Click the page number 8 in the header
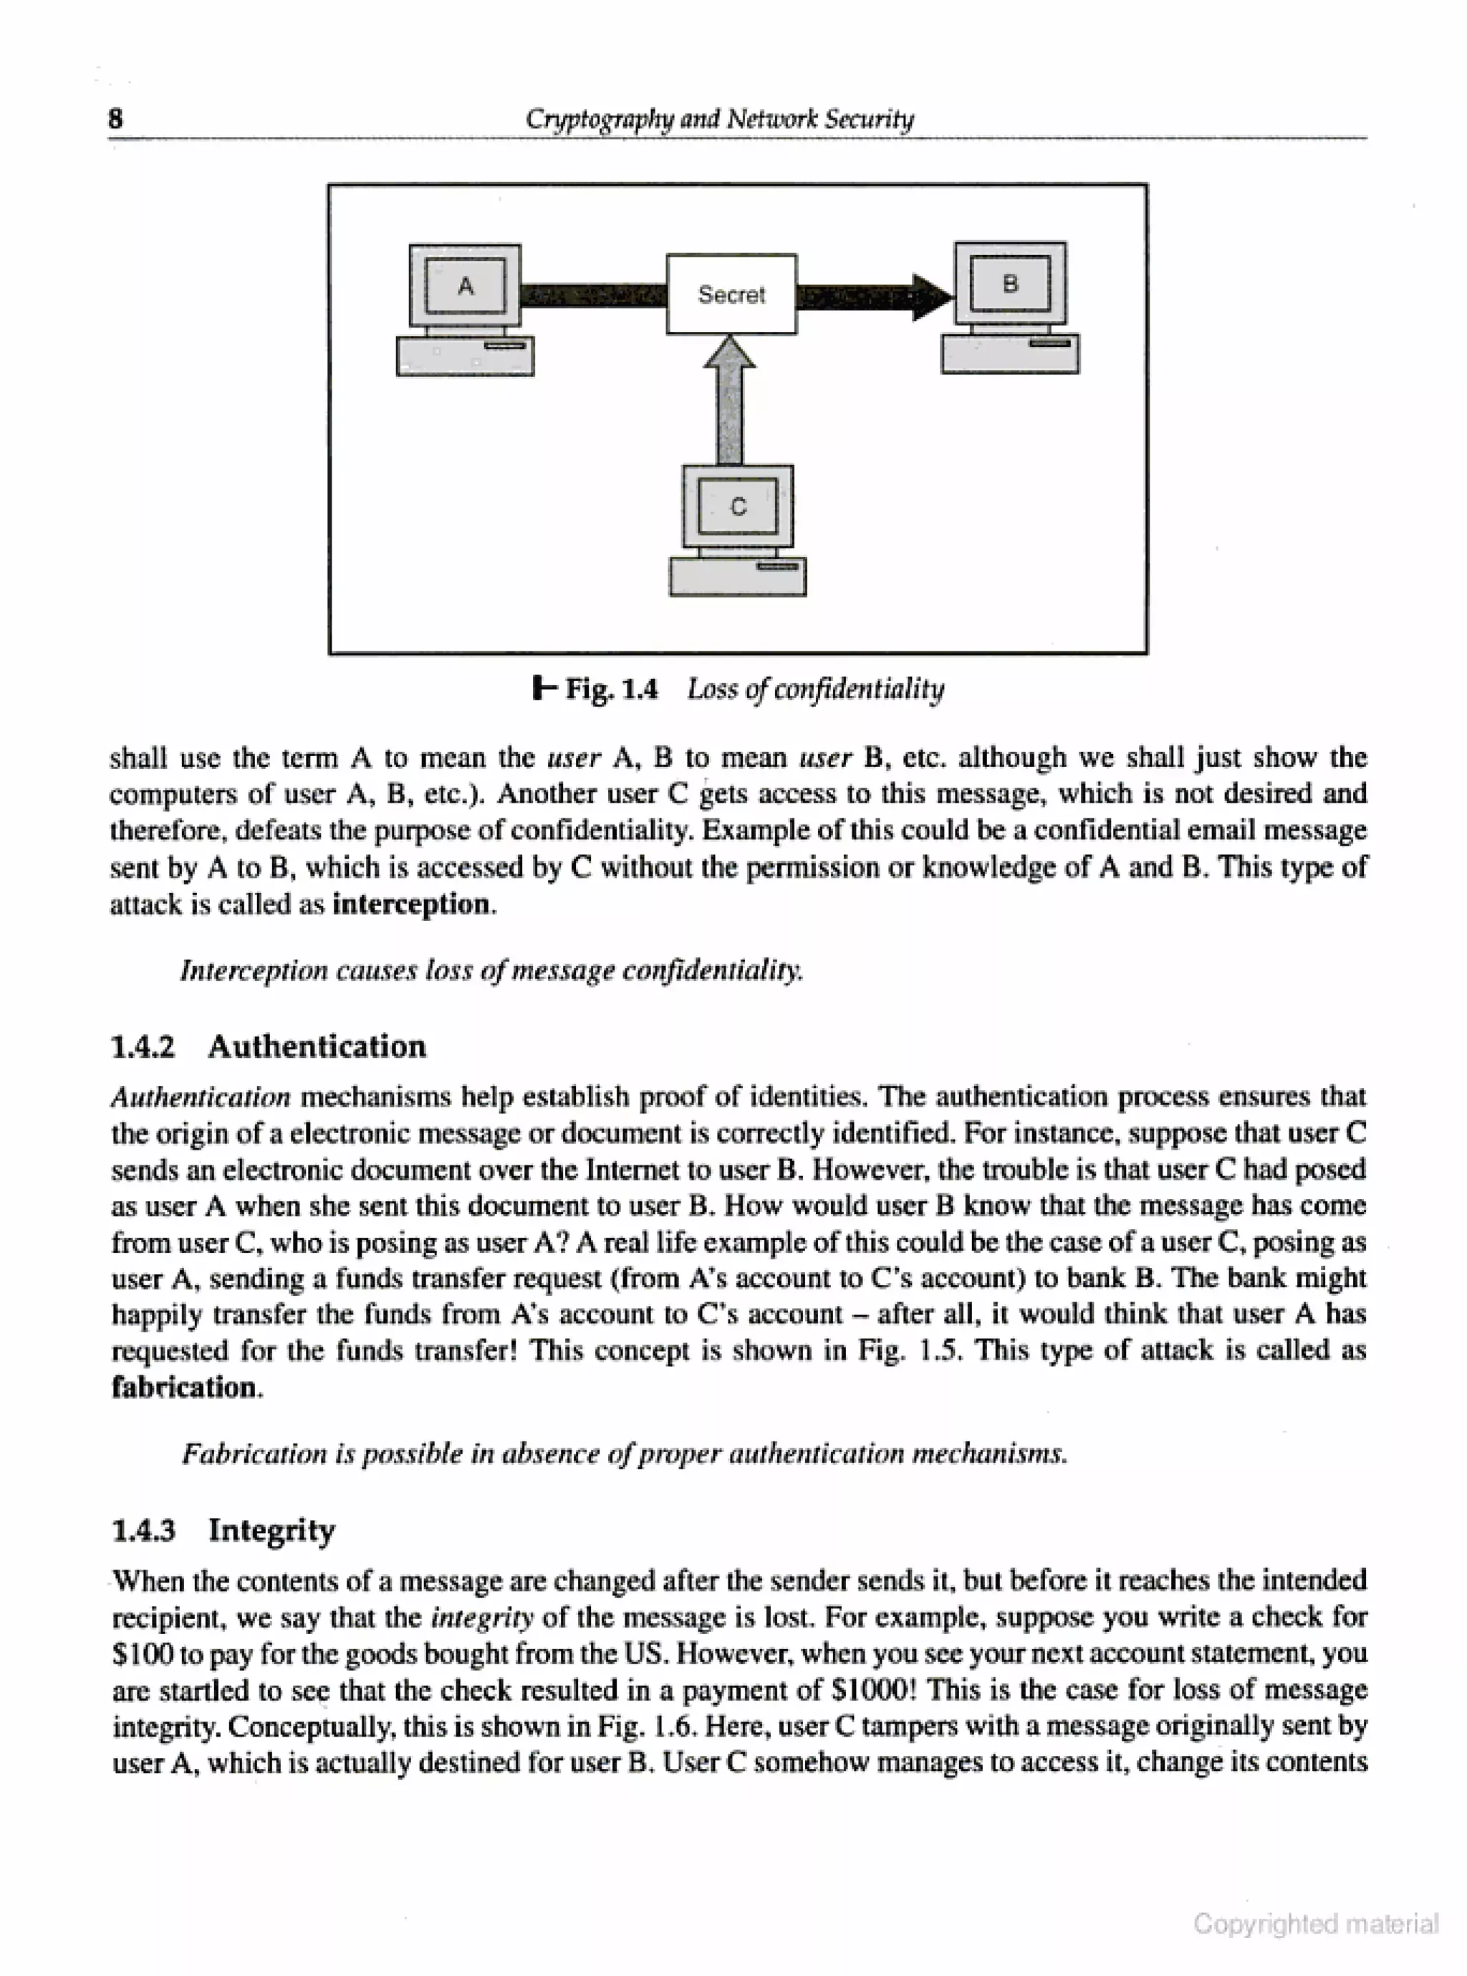(x=115, y=118)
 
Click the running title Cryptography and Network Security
(x=719, y=118)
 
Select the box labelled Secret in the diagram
(x=731, y=294)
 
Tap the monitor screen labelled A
(x=466, y=286)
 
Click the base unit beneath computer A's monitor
(x=466, y=355)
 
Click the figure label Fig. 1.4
(x=611, y=689)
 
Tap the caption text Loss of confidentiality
(x=815, y=689)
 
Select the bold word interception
(x=410, y=905)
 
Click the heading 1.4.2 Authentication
(x=268, y=1046)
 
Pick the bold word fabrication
(x=184, y=1387)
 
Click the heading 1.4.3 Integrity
(x=223, y=1530)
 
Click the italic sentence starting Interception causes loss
(x=491, y=970)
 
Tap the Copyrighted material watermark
(x=1315, y=1924)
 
